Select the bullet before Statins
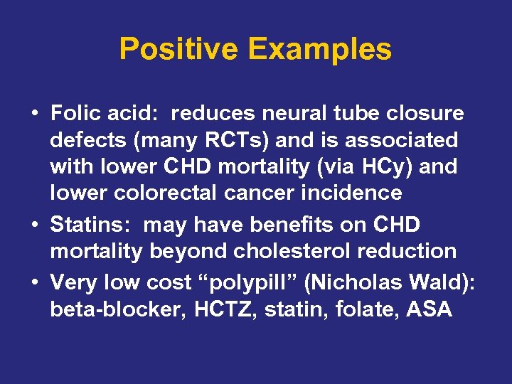35,225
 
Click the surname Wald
442,283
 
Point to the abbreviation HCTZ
207,309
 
